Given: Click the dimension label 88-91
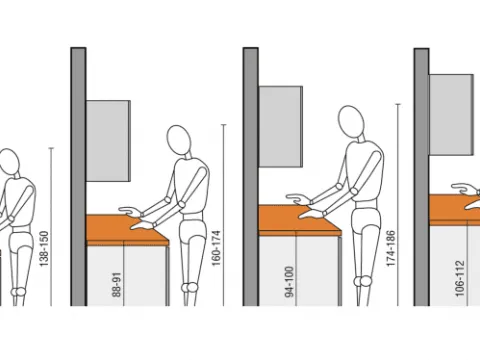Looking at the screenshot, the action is click(117, 285).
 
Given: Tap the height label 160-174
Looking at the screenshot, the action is click(216, 248).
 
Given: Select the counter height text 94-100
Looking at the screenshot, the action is click(289, 282).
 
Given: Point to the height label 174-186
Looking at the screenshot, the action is click(391, 248).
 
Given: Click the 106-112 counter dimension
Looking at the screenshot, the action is click(459, 279).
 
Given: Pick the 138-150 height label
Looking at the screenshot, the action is click(44, 249).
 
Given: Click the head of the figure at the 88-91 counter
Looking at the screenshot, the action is click(179, 140).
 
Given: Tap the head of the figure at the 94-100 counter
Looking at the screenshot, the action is click(351, 121).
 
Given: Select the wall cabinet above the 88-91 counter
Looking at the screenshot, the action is click(108, 141).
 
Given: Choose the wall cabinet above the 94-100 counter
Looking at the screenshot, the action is click(281, 127).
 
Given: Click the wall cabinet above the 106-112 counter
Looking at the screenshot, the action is click(451, 115).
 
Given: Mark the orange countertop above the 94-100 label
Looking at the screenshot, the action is click(299, 220).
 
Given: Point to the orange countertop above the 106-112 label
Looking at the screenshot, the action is click(454, 210).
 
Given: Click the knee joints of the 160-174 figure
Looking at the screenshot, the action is click(190, 287).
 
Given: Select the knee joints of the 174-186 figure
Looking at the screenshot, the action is click(363, 281).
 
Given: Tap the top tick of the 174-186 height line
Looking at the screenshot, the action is click(398, 105).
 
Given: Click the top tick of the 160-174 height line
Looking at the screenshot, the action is click(224, 125).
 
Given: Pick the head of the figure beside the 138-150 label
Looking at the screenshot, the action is click(9, 161).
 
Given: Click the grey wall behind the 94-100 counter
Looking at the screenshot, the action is click(251, 177).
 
